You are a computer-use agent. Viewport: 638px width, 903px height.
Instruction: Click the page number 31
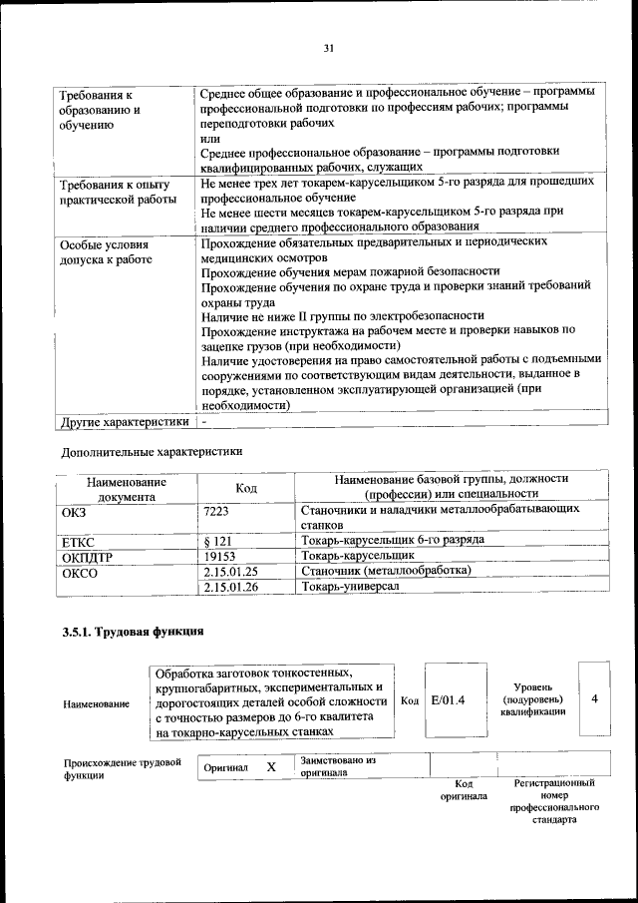(x=328, y=46)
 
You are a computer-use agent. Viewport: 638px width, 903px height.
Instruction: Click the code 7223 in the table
(x=216, y=510)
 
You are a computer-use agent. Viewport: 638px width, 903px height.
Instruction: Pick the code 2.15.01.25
(x=230, y=572)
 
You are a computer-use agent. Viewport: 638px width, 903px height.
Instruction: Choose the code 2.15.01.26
(x=230, y=588)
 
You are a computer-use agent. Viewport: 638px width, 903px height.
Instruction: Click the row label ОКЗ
(x=75, y=510)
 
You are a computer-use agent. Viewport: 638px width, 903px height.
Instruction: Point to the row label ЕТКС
(x=78, y=541)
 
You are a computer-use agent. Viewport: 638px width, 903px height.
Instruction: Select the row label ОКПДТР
(x=88, y=557)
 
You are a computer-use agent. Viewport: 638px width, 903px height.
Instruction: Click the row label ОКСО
(x=80, y=573)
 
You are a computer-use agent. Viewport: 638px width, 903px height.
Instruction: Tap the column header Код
(x=246, y=488)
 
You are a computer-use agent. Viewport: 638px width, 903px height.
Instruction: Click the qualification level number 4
(x=594, y=699)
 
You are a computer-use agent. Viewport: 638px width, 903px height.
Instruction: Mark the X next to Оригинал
(x=270, y=767)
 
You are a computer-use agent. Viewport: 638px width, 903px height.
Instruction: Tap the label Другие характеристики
(x=124, y=422)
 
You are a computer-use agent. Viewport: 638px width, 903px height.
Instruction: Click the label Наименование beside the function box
(x=97, y=704)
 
